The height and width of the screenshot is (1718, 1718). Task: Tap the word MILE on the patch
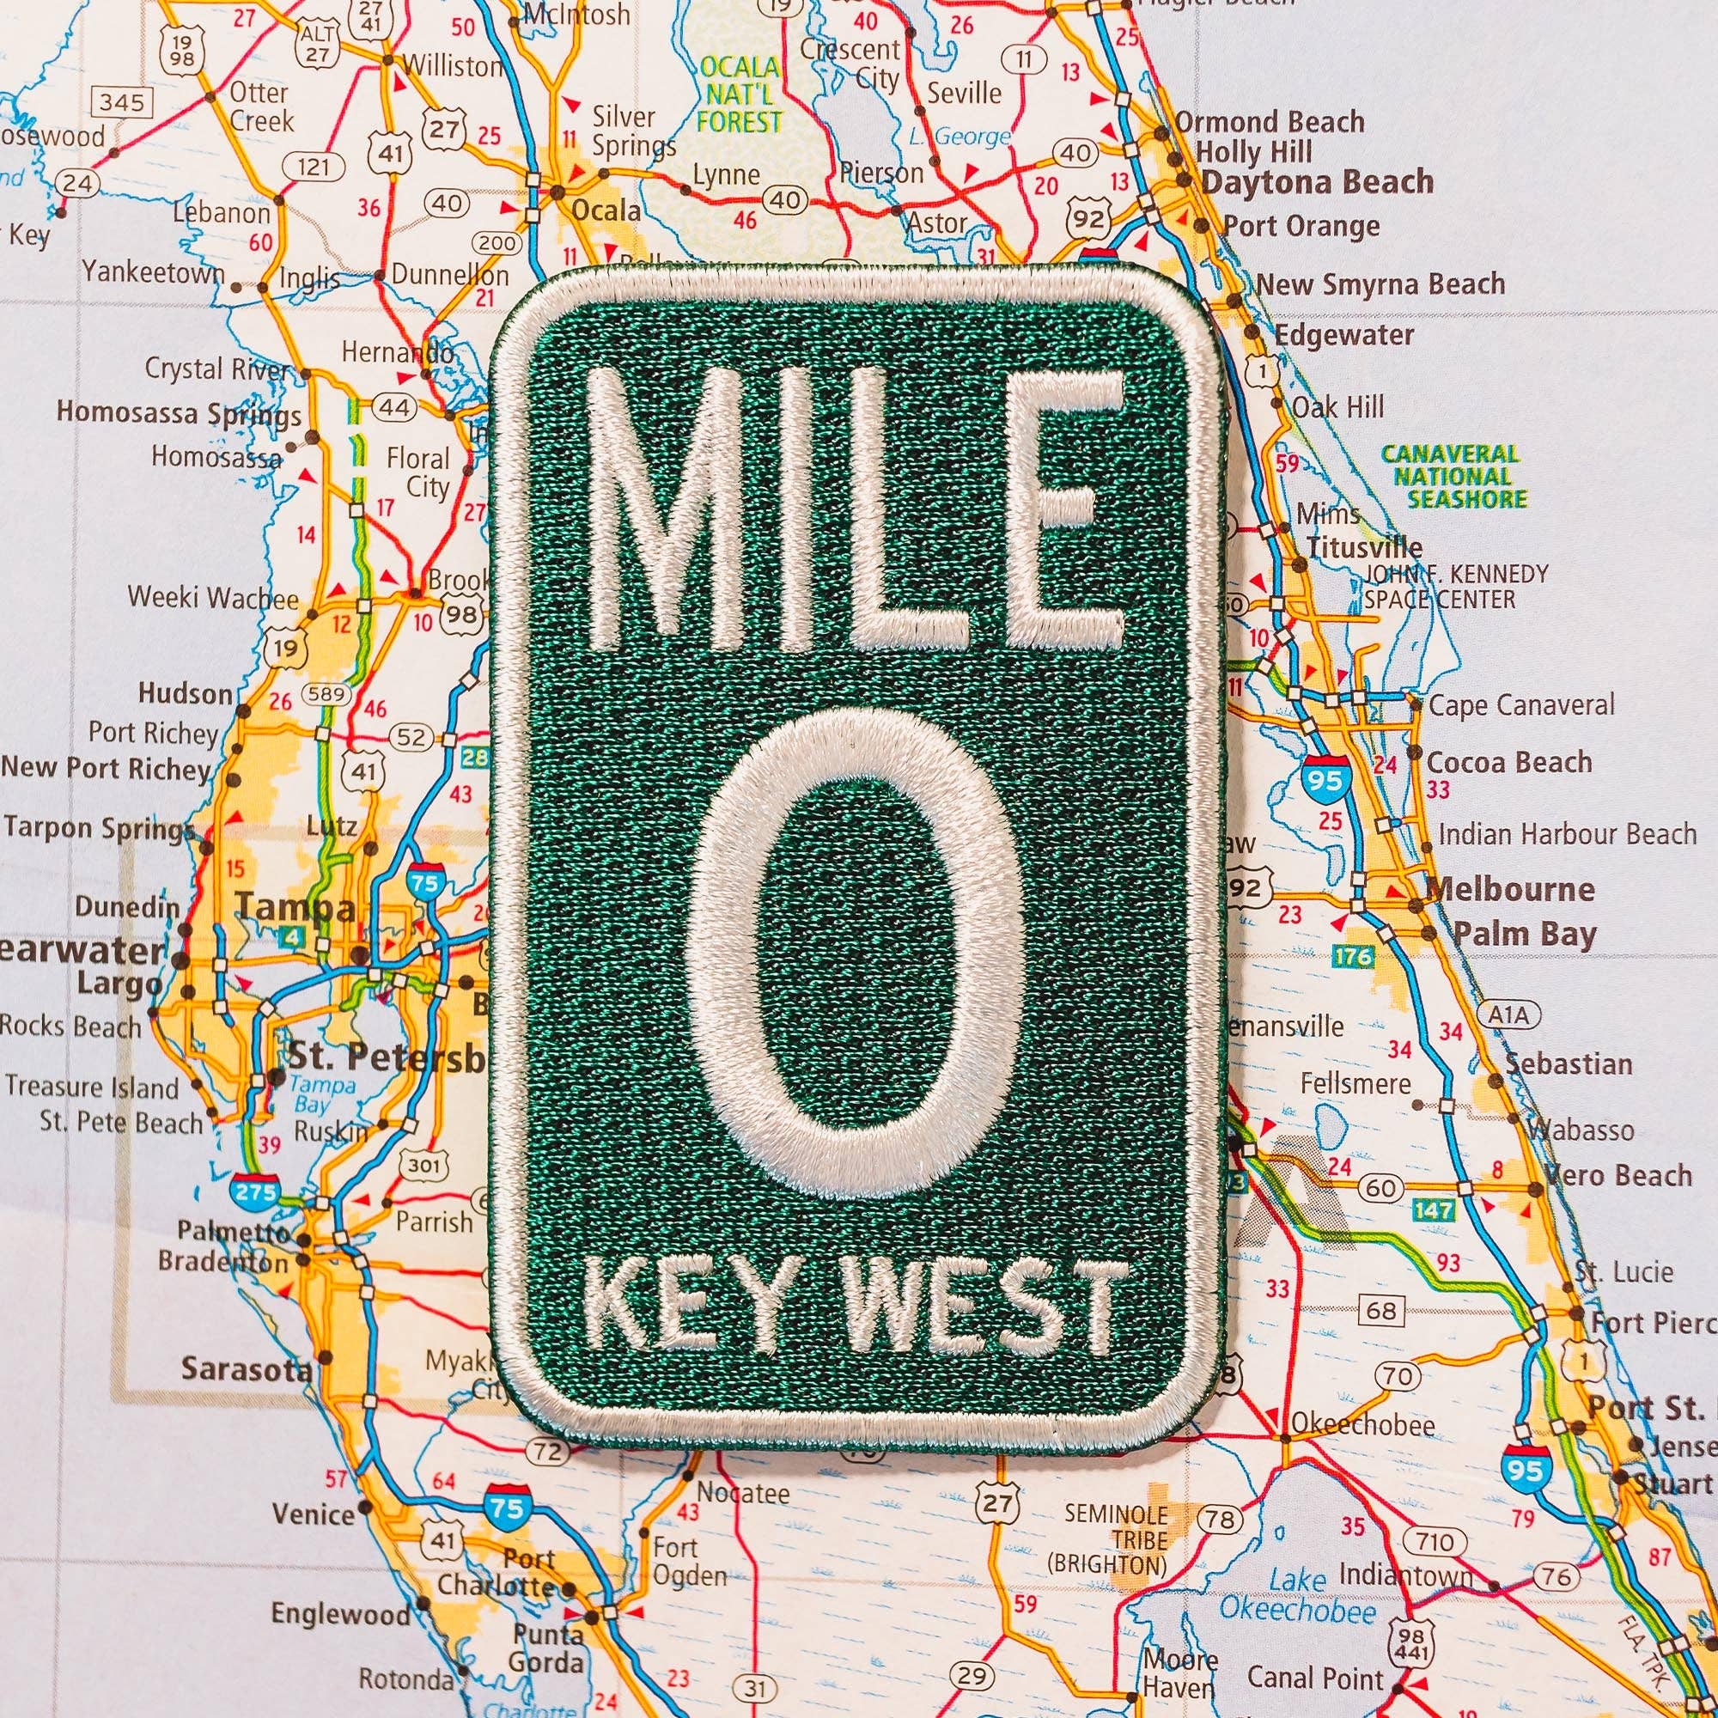point(856,511)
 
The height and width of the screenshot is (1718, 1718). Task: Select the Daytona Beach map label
point(1317,182)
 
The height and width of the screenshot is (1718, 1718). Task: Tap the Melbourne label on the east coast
point(1509,889)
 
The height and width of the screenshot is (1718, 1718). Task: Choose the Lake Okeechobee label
point(1297,1596)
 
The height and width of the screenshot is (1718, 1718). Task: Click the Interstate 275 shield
point(255,1190)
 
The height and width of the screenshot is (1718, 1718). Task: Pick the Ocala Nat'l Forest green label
point(740,94)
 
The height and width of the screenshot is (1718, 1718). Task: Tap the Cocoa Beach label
point(1509,762)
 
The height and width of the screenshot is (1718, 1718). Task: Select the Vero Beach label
point(1617,1176)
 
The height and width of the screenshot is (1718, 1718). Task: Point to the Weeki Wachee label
point(213,597)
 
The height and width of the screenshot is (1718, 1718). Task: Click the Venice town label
point(313,1514)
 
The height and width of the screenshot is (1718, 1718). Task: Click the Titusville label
point(1364,547)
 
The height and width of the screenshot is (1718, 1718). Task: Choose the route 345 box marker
point(122,103)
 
